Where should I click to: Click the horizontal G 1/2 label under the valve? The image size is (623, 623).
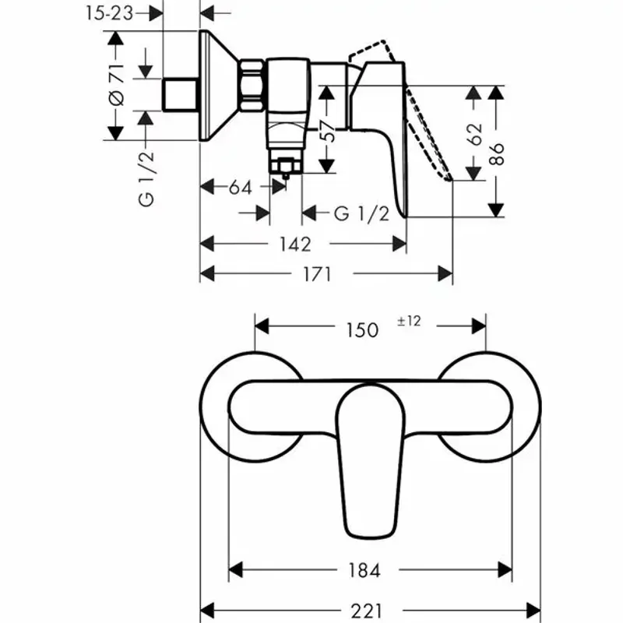point(361,213)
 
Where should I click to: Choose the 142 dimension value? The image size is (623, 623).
point(294,244)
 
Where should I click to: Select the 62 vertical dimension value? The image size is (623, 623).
point(476,132)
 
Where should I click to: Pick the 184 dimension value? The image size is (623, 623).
point(363,571)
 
